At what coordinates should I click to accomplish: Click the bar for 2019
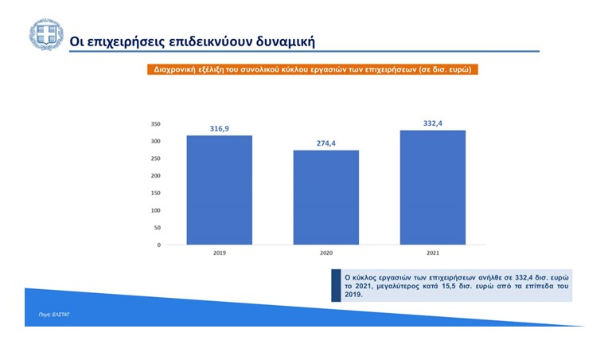pos(220,190)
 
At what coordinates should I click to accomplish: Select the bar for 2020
pos(326,198)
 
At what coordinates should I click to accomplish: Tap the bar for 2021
pos(433,187)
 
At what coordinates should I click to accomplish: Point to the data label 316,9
pos(220,128)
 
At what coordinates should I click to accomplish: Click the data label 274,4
pos(326,143)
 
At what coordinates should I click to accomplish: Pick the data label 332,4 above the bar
pos(433,123)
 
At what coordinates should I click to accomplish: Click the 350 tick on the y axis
pos(155,124)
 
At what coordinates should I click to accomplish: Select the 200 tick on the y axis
pos(155,176)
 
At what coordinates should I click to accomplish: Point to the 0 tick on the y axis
pos(158,245)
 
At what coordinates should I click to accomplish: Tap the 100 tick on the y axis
pos(155,210)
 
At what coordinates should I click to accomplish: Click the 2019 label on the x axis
pos(220,253)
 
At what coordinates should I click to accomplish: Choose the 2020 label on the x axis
pos(326,253)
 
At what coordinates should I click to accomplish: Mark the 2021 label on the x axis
pos(433,253)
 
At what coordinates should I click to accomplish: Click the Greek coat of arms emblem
pos(46,34)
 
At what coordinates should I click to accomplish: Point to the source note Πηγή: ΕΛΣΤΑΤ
pos(54,315)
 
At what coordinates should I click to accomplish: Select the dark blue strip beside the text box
pos(336,285)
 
